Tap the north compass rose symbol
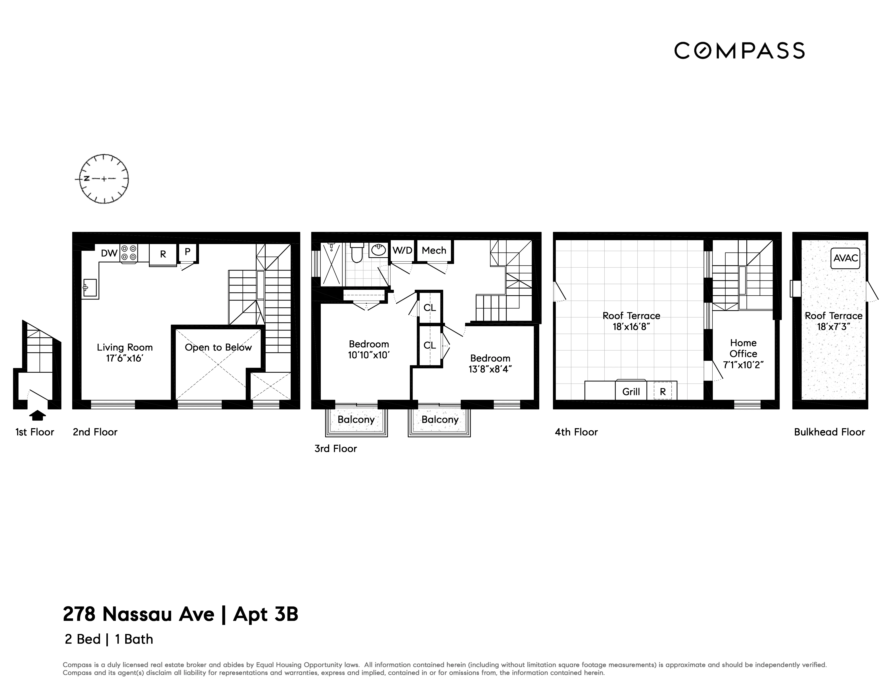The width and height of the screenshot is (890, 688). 104,179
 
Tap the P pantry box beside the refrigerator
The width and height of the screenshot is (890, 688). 188,252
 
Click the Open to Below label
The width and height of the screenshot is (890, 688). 218,347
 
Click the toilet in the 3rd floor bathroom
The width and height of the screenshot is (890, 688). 357,253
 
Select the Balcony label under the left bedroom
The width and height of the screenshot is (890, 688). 356,419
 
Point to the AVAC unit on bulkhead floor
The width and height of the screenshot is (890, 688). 845,258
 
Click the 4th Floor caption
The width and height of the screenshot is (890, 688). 576,432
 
